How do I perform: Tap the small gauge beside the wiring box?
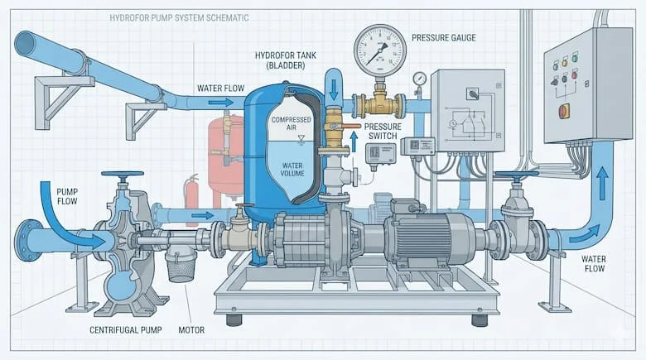click(x=420, y=79)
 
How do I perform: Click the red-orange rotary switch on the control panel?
click(x=564, y=111)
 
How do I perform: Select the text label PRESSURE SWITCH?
click(x=382, y=132)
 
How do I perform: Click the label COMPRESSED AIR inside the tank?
click(x=290, y=125)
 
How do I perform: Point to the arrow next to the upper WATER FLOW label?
click(x=219, y=103)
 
